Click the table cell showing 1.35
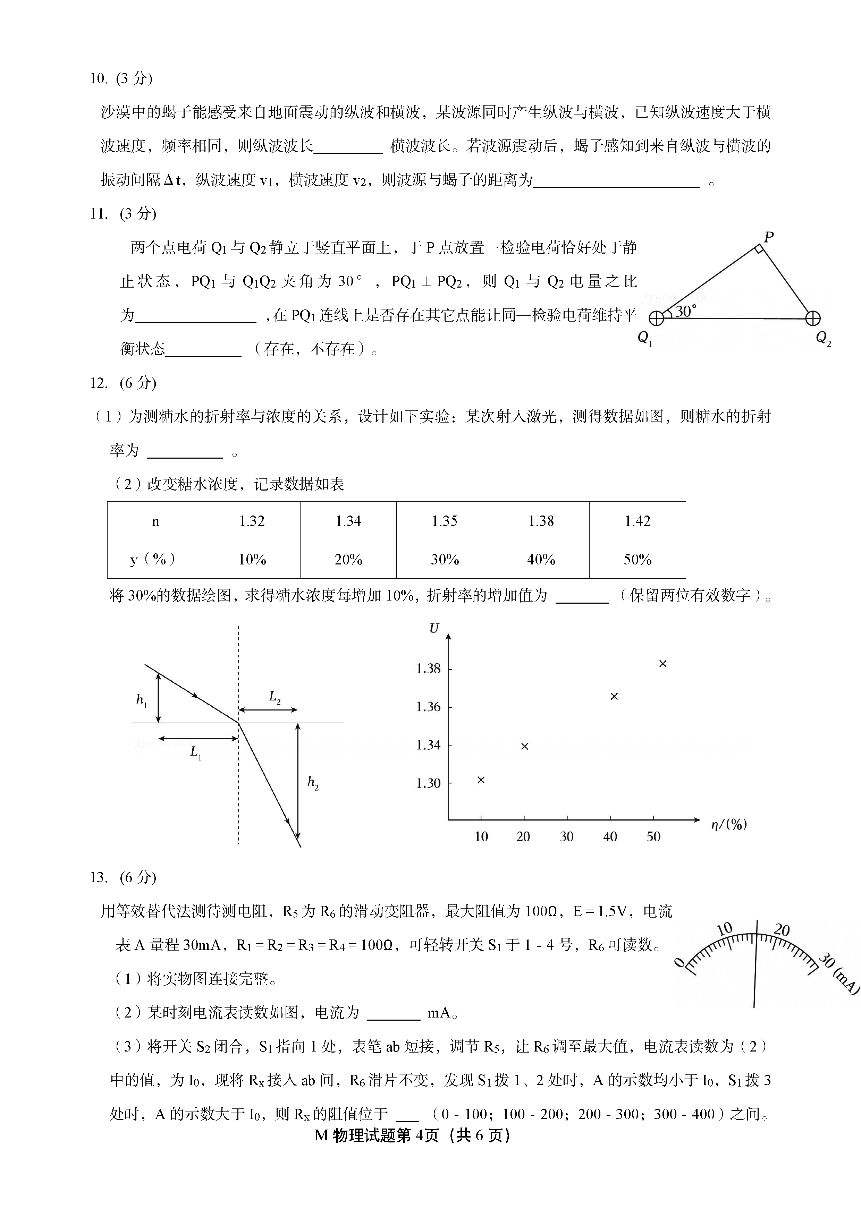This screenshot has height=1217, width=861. pos(444,521)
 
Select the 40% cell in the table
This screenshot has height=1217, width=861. pos(541,559)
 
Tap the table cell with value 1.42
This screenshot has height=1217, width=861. pos(637,521)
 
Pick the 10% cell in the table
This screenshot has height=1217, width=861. pos(252,559)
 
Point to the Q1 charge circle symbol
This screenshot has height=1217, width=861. pos(656,318)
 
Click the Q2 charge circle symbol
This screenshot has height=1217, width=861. pos(812,318)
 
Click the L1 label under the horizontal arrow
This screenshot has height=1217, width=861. pos(196,752)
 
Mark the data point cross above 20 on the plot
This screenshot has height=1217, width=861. pos(525,746)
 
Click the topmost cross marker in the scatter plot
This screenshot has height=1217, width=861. pos(663,664)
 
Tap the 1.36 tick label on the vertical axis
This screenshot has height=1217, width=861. pos(428,707)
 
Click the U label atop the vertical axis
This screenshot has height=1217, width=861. pos(434,629)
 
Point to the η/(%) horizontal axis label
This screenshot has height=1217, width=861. pos(729,824)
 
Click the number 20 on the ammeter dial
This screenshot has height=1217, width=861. pos(782,930)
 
